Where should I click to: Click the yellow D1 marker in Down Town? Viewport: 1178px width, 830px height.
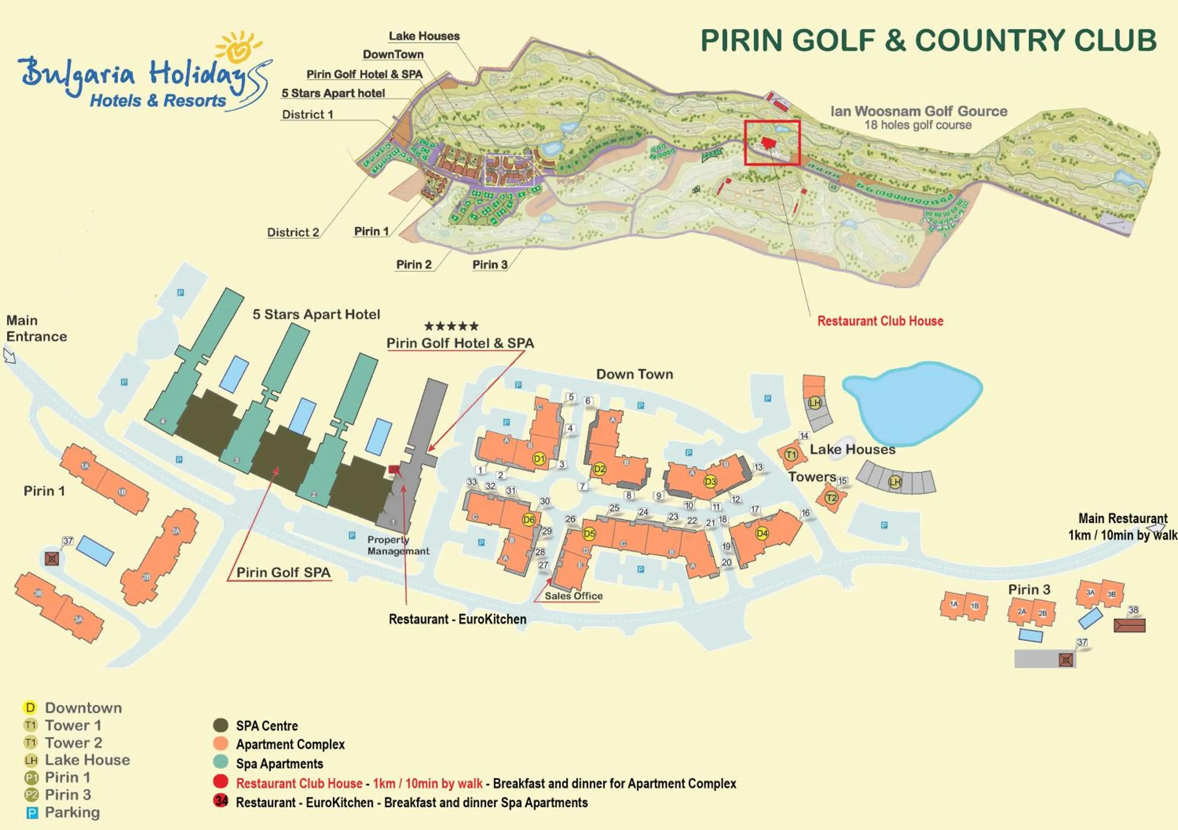[x=539, y=459]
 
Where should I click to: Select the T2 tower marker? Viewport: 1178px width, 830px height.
[x=831, y=497]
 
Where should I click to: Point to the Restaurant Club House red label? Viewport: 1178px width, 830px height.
[x=880, y=321]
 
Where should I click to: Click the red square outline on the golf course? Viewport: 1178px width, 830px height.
[x=772, y=143]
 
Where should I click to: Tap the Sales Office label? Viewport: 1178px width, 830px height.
[x=573, y=596]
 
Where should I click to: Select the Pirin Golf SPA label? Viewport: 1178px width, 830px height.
[x=283, y=572]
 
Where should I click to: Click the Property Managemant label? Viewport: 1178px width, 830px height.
[x=398, y=545]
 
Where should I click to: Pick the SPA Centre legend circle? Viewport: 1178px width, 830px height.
[x=221, y=725]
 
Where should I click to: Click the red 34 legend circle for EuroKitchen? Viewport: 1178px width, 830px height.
[x=221, y=801]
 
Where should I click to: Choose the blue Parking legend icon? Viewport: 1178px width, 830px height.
[x=32, y=813]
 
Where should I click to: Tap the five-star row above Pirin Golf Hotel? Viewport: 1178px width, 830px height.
[x=452, y=326]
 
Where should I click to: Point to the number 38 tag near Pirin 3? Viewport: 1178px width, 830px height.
[x=1133, y=610]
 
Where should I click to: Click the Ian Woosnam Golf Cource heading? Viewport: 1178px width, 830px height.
[x=918, y=112]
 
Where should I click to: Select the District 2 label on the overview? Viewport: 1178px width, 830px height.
[x=293, y=232]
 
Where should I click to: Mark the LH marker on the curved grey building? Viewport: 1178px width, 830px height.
[x=895, y=482]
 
